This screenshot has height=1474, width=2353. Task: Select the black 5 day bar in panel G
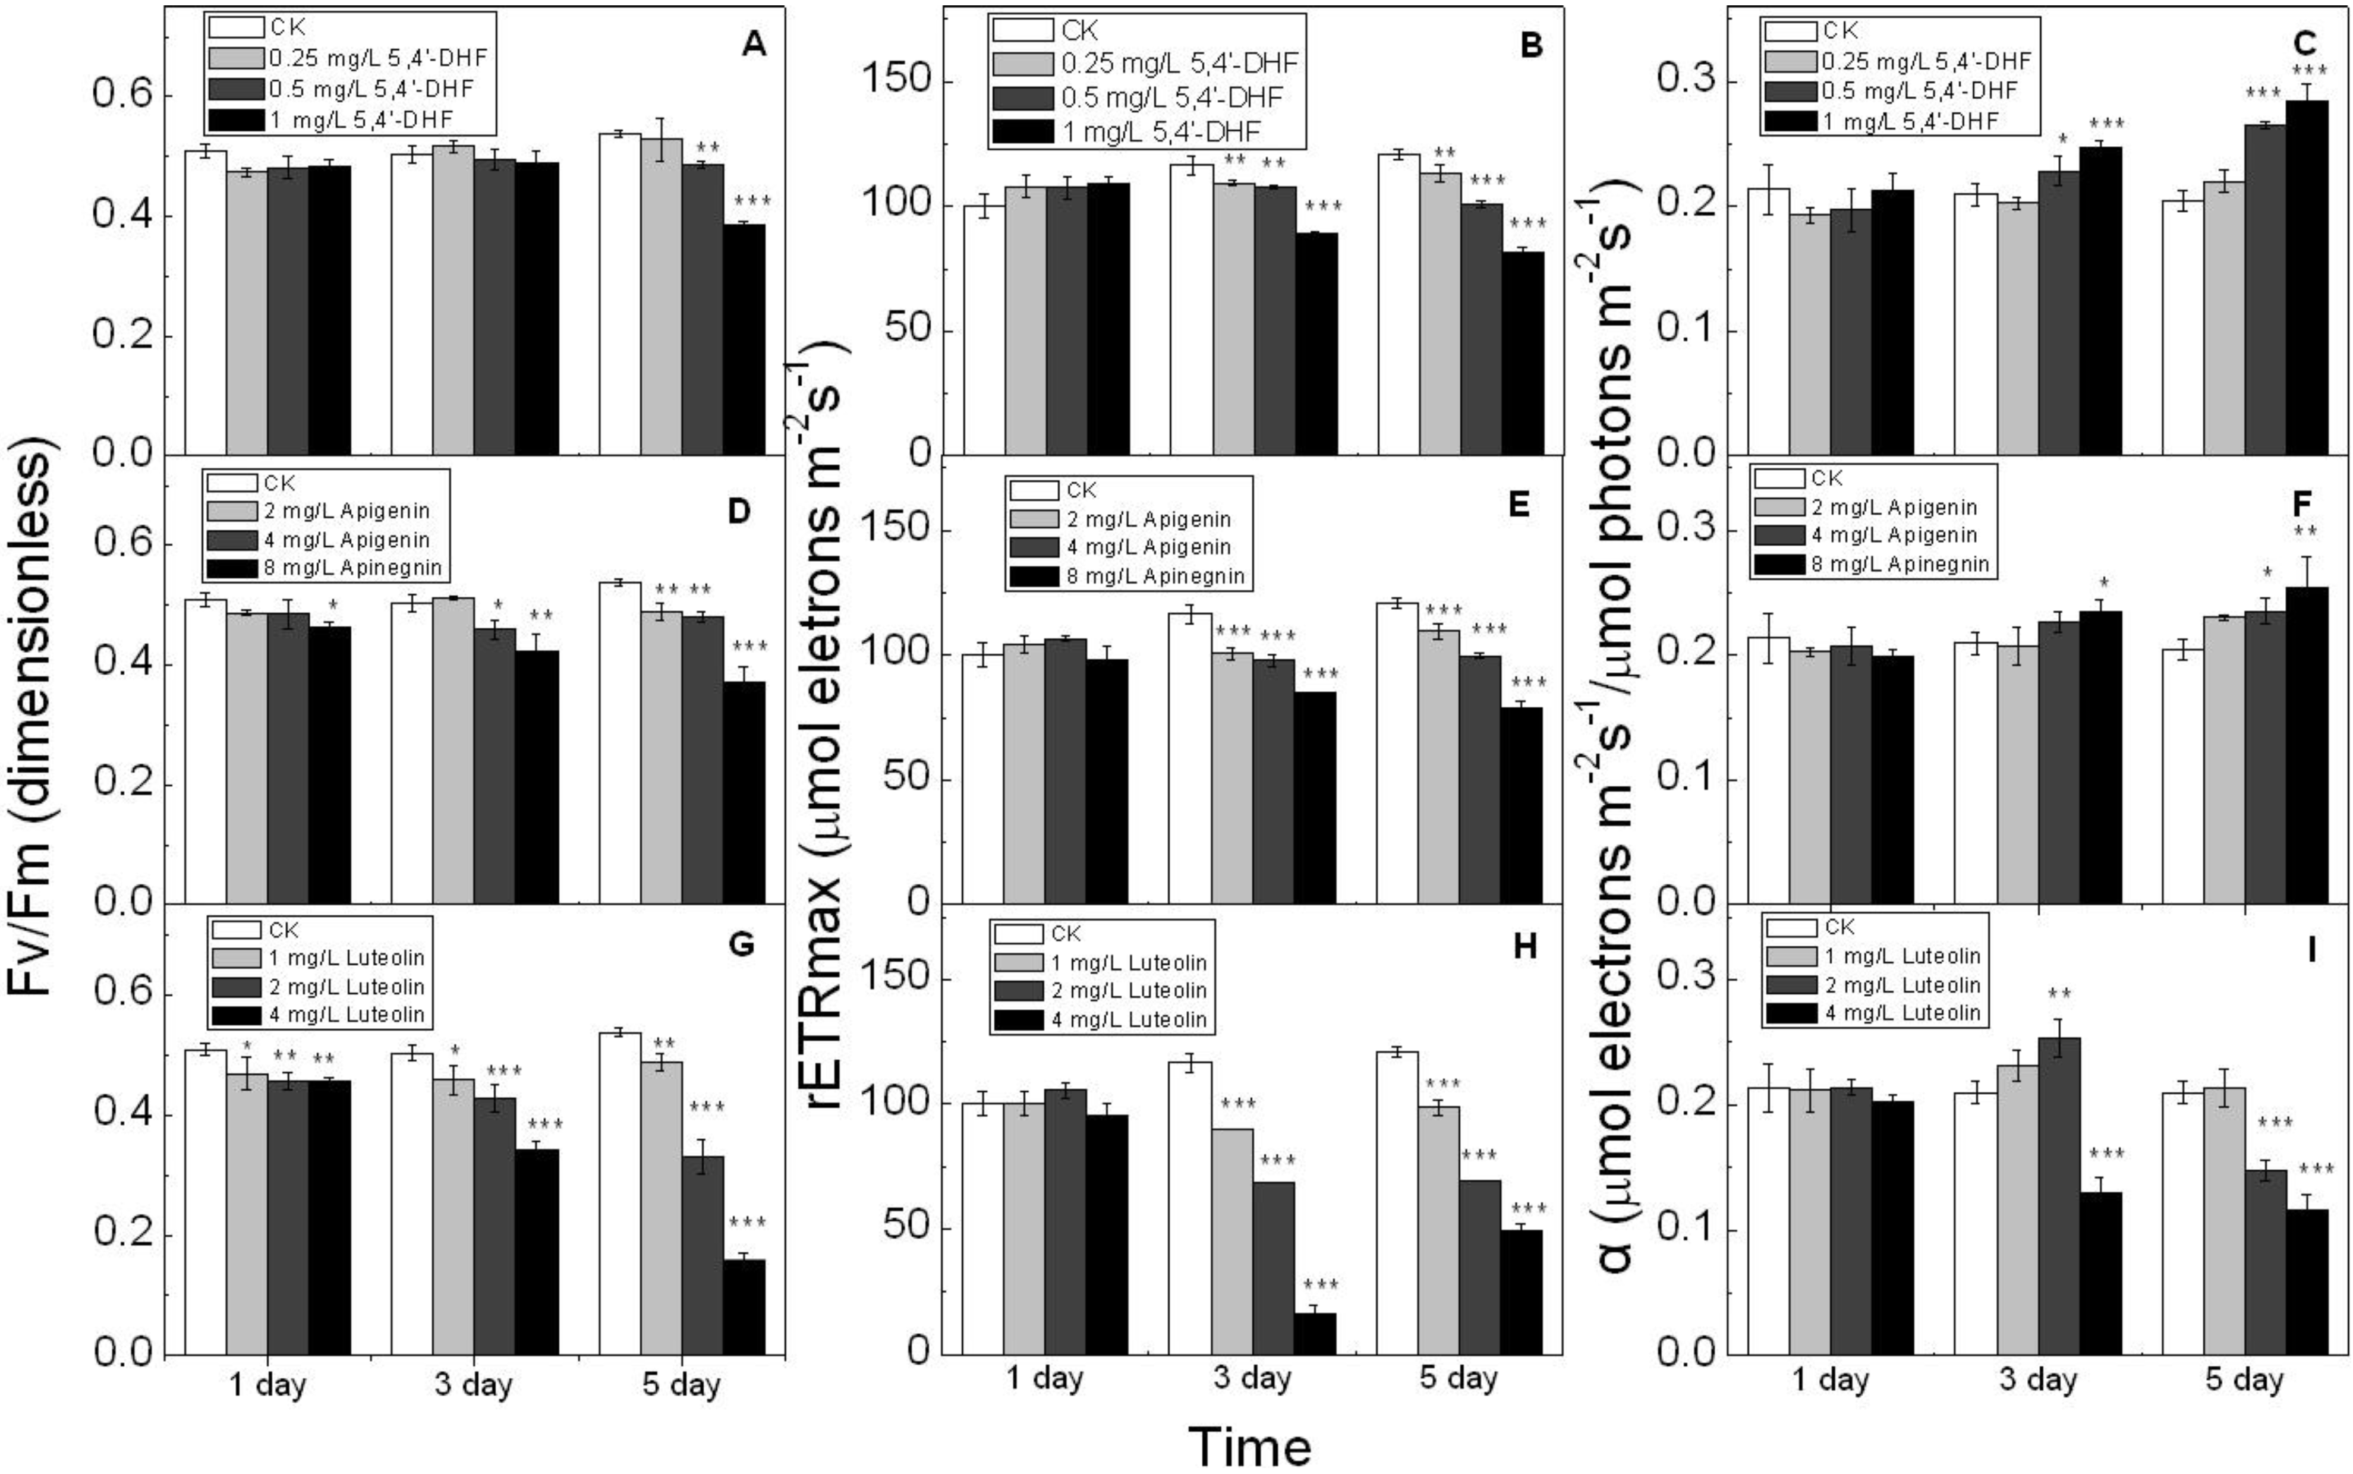click(744, 1306)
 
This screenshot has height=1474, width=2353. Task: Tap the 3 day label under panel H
click(1252, 1378)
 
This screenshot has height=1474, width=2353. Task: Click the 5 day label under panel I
click(2245, 1381)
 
